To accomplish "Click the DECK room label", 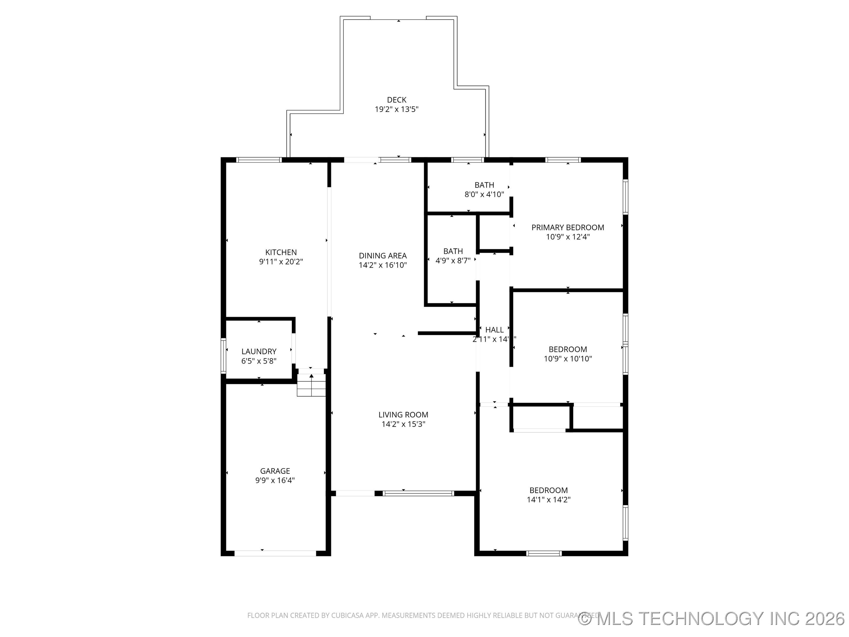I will tap(396, 100).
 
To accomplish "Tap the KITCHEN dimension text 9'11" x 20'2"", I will tap(281, 262).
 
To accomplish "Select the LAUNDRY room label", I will tap(259, 351).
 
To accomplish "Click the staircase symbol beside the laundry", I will tap(311, 385).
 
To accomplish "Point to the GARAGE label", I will tap(275, 471).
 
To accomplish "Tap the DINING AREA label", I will tap(383, 256).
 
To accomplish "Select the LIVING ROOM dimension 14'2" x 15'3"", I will tap(403, 424).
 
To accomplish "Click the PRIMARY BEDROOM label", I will tap(568, 227).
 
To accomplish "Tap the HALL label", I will tap(494, 330).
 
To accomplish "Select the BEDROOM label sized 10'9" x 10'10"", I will tap(568, 349).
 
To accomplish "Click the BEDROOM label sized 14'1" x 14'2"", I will tap(549, 490).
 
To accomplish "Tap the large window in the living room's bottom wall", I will tap(418, 493).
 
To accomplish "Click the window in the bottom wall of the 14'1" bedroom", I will tap(544, 553).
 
